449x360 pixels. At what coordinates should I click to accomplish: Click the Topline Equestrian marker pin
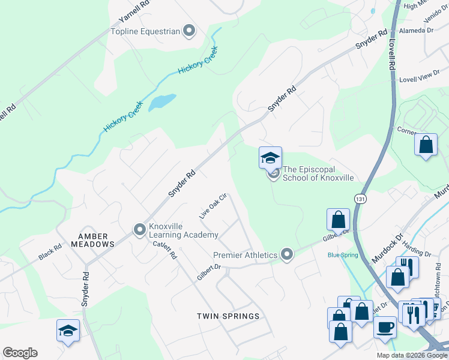[x=190, y=31]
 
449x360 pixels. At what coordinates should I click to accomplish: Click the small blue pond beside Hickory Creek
[x=162, y=101]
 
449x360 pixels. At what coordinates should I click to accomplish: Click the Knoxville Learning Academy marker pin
[x=140, y=229]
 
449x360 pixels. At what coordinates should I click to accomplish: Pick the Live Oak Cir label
[x=213, y=205]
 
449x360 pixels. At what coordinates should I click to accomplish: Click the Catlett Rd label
[x=164, y=250]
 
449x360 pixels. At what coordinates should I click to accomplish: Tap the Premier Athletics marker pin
[x=288, y=255]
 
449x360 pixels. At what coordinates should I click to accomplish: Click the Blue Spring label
[x=343, y=255]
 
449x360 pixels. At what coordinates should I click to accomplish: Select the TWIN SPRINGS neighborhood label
[x=229, y=316]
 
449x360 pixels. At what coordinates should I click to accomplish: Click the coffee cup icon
[x=384, y=328]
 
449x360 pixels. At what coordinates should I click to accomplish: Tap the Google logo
[x=20, y=353]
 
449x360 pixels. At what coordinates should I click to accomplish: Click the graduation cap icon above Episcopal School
[x=270, y=158]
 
